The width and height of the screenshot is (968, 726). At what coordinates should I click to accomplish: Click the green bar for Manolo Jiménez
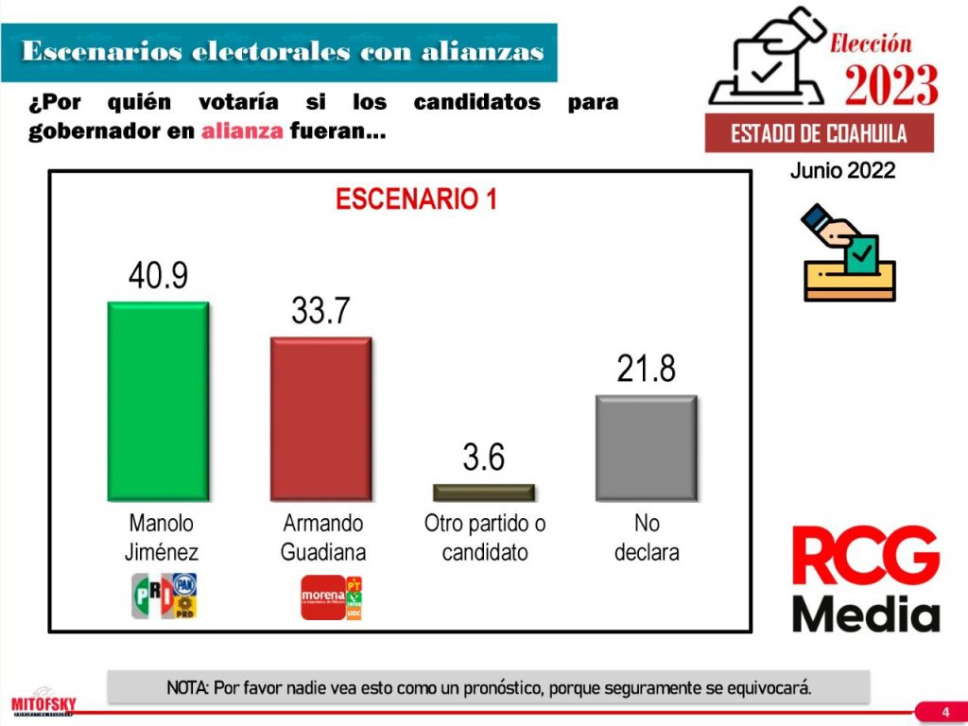tap(158, 401)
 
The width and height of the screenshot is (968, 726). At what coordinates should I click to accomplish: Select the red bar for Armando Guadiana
tap(320, 419)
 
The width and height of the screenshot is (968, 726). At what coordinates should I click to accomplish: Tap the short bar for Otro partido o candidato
tap(483, 493)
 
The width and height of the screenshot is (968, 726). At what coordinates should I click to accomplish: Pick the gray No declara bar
tap(646, 447)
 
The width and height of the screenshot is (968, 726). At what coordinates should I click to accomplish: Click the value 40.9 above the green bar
tap(158, 275)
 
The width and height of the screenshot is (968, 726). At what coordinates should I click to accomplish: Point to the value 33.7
tap(320, 310)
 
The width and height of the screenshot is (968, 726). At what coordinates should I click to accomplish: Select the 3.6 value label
tap(483, 458)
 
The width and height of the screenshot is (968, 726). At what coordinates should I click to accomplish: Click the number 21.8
tap(646, 369)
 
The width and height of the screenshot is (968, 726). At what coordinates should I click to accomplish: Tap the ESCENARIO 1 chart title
tap(416, 199)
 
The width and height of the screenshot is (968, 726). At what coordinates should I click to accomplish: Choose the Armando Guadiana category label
tap(322, 537)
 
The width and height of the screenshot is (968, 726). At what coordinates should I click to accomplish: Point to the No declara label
tap(647, 537)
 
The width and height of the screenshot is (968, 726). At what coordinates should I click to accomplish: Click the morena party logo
tap(322, 596)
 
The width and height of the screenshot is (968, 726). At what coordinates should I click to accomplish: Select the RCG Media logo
tap(865, 579)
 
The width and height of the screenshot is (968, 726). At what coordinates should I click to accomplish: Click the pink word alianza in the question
tap(242, 131)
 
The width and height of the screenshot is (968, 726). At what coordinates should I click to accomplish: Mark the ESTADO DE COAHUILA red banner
tap(819, 133)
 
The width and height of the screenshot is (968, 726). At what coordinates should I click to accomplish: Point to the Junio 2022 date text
tap(842, 171)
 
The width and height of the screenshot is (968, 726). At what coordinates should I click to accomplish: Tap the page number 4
tap(945, 711)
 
